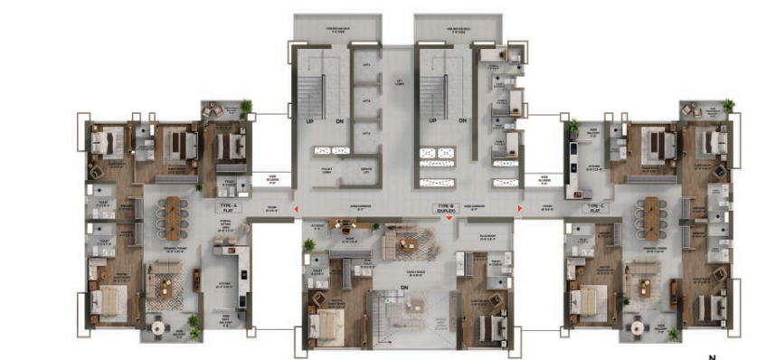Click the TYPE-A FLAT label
coord(227,208)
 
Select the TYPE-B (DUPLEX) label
coord(445,208)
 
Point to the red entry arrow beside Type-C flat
coord(518,212)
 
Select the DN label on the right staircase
coord(462,120)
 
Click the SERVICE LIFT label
coord(366,169)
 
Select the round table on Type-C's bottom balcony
coord(639,326)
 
